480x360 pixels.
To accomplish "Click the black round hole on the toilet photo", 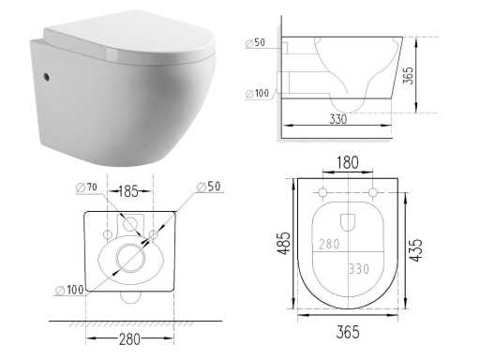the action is [x=47, y=77].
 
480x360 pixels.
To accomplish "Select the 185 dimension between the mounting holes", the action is [x=128, y=191].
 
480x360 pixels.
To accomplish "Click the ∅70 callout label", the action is [x=86, y=187].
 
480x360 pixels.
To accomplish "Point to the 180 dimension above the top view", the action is [x=347, y=163].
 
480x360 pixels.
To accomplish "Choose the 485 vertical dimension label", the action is [x=284, y=243].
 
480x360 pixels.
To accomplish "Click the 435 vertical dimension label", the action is [x=415, y=250].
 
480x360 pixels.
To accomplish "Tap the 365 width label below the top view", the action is [x=348, y=332].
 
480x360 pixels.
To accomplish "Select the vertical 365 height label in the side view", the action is [x=408, y=75].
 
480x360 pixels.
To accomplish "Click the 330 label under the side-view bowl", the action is [x=338, y=119].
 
